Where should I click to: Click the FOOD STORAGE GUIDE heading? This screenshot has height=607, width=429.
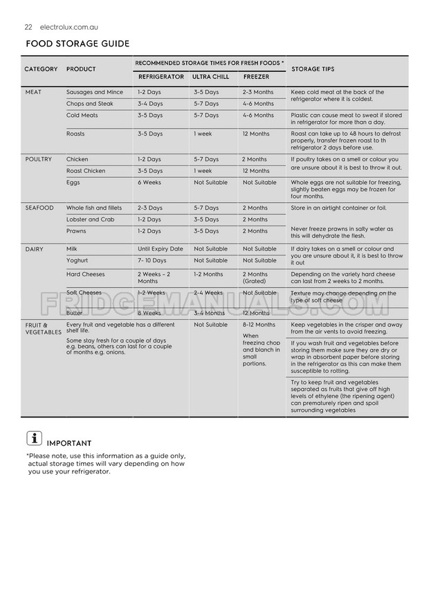[x=77, y=44]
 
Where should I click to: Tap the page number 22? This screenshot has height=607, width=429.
[x=28, y=27]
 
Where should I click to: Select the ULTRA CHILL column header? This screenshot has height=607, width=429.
[x=210, y=77]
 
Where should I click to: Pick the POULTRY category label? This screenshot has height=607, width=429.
[x=38, y=159]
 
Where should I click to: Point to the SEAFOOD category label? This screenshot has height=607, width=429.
[x=39, y=208]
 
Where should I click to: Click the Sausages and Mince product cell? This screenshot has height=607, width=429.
[x=95, y=92]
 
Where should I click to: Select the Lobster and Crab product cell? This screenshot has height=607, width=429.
[x=91, y=219]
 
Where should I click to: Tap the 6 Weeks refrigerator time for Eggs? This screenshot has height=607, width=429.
[x=149, y=183]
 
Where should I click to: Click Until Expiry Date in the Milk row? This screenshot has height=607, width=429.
[x=161, y=248]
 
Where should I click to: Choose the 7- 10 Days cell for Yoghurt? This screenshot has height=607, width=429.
[x=152, y=260]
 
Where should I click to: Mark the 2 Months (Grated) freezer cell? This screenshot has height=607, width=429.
[x=256, y=278]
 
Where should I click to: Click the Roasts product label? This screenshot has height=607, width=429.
[x=76, y=134]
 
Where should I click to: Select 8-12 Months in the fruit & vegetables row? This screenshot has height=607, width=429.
[x=259, y=325]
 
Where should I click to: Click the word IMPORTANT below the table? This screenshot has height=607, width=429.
[x=69, y=443]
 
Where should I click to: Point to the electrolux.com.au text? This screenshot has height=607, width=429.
[x=69, y=27]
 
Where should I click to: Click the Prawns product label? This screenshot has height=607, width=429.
[x=77, y=231]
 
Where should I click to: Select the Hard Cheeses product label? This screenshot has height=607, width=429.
[x=86, y=274]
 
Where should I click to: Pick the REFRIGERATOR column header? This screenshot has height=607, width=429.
[x=161, y=77]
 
